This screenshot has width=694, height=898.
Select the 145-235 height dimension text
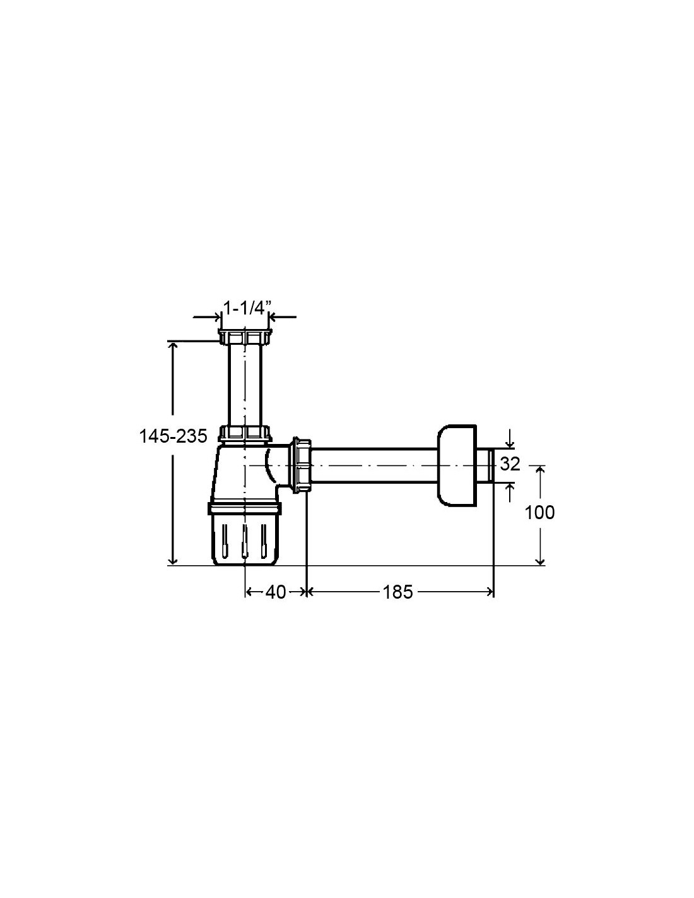pos(173,436)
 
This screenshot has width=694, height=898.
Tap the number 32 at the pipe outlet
pos(509,464)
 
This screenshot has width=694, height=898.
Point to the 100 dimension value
pos(539,513)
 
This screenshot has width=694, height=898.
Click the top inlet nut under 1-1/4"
pos(245,337)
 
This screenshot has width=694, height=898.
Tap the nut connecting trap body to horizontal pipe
pos(302,465)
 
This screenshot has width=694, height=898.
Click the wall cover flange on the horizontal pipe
pos(456,465)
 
